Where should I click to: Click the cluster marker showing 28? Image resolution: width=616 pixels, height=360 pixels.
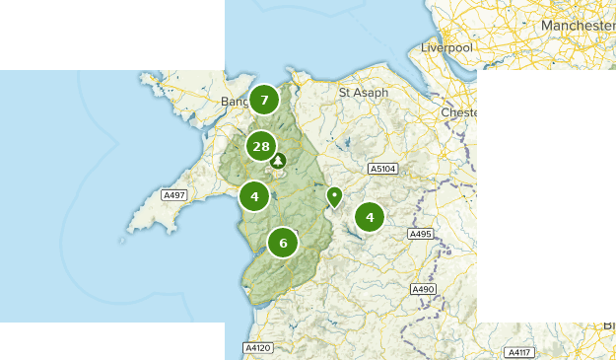pyautogui.click(x=260, y=147)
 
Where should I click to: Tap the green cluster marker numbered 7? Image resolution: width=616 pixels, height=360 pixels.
pyautogui.click(x=263, y=100)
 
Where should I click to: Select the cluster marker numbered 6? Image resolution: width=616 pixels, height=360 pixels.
pyautogui.click(x=283, y=243)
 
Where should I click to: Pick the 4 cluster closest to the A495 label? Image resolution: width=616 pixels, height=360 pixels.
pyautogui.click(x=370, y=217)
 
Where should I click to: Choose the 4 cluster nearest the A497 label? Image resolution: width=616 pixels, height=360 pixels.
pyautogui.click(x=254, y=195)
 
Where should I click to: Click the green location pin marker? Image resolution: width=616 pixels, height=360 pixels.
pyautogui.click(x=335, y=197)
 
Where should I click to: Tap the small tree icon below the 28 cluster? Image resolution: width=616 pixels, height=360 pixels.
pyautogui.click(x=278, y=161)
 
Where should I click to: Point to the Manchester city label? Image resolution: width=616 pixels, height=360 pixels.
pyautogui.click(x=577, y=25)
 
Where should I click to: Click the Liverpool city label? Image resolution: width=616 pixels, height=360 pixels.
pyautogui.click(x=446, y=47)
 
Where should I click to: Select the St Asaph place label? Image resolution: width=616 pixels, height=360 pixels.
pyautogui.click(x=364, y=93)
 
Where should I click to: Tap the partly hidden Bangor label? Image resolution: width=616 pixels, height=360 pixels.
pyautogui.click(x=235, y=102)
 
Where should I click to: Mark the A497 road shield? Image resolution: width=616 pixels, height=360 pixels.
pyautogui.click(x=173, y=195)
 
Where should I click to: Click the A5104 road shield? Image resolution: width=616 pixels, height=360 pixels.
pyautogui.click(x=382, y=170)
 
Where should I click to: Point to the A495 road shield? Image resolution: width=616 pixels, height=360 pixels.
pyautogui.click(x=421, y=234)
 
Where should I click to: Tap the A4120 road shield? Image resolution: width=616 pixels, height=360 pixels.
pyautogui.click(x=257, y=348)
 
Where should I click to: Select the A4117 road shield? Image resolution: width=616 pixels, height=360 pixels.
pyautogui.click(x=517, y=352)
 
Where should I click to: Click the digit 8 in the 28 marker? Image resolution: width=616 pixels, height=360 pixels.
pyautogui.click(x=265, y=147)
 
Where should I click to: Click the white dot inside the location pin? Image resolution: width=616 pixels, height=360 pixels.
pyautogui.click(x=335, y=193)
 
